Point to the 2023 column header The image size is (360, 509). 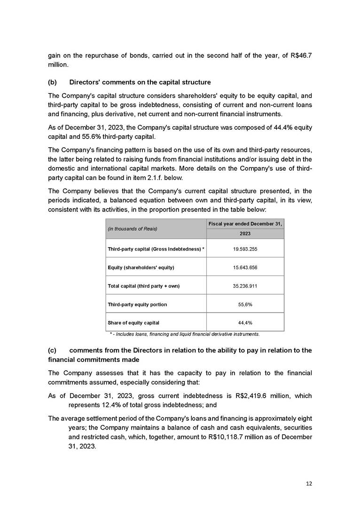245,233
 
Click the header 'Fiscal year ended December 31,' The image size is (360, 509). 245,223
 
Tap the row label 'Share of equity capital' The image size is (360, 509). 133,323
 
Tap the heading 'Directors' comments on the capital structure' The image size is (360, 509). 140,83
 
